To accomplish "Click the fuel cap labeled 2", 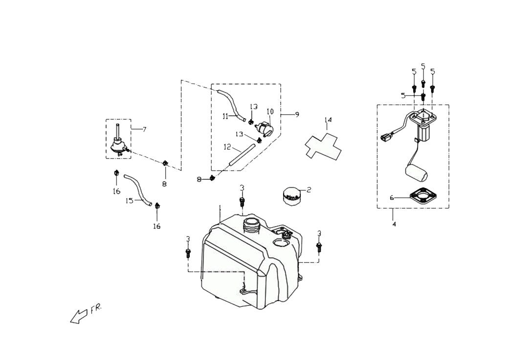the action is pos(290,196).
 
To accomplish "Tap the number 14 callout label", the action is pos(328,120).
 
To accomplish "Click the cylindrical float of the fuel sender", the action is pos(416,172).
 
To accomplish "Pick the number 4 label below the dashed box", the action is pos(395,224).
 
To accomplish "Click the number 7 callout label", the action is pos(144,129).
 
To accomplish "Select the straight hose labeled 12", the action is pos(242,154).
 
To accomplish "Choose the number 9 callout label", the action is pos(297,115).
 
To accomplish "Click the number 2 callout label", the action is pos(308,190).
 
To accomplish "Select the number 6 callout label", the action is pos(392,198).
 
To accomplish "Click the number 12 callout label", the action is pos(227,147).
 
